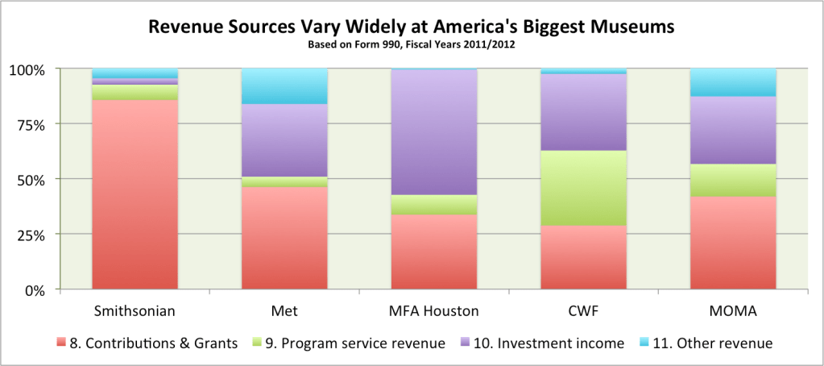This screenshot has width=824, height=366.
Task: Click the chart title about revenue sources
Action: click(411, 27)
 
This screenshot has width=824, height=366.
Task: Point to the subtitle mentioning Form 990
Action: click(411, 45)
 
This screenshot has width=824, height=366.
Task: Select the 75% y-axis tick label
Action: click(31, 124)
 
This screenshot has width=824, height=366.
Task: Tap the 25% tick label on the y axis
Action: click(31, 235)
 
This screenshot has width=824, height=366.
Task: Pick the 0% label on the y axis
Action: click(35, 289)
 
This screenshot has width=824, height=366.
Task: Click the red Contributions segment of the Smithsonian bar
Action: click(135, 193)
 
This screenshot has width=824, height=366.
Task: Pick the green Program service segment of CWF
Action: click(583, 188)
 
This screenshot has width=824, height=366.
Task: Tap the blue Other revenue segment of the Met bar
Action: click(284, 86)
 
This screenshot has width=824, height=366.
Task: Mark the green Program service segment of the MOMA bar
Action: click(732, 180)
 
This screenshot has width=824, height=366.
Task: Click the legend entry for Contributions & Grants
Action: click(145, 343)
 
